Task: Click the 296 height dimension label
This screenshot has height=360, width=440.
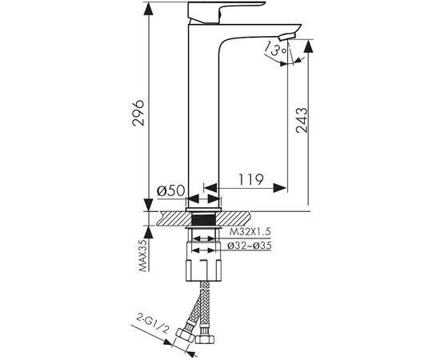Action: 138,112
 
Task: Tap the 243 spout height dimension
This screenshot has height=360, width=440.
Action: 302,120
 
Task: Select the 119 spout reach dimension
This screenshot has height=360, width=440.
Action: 251,179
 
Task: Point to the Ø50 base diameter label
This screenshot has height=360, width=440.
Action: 171,191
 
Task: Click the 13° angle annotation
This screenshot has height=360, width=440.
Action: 276,49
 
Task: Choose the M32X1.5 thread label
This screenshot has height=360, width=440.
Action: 250,232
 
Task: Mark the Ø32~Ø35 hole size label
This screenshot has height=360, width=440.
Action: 250,246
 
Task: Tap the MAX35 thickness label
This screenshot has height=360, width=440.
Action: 143,255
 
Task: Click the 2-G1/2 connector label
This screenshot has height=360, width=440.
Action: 153,323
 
